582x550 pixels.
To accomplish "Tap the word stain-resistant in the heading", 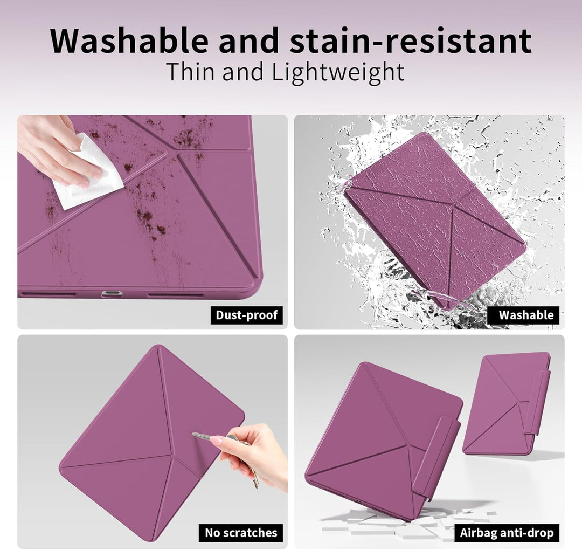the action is [x=411, y=40].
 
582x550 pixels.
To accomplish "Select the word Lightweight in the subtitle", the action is [x=338, y=72].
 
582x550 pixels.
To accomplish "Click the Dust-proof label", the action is [x=246, y=315].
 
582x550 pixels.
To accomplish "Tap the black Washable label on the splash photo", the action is [x=525, y=315].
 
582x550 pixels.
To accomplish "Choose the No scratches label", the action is [x=241, y=533].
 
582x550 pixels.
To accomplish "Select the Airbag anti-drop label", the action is [x=507, y=533].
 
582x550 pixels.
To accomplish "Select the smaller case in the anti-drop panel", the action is [x=507, y=403].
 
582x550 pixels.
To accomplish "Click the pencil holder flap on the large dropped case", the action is [x=436, y=456].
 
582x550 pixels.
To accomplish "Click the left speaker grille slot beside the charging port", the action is [x=48, y=294].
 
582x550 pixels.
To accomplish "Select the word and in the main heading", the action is [x=248, y=40].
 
